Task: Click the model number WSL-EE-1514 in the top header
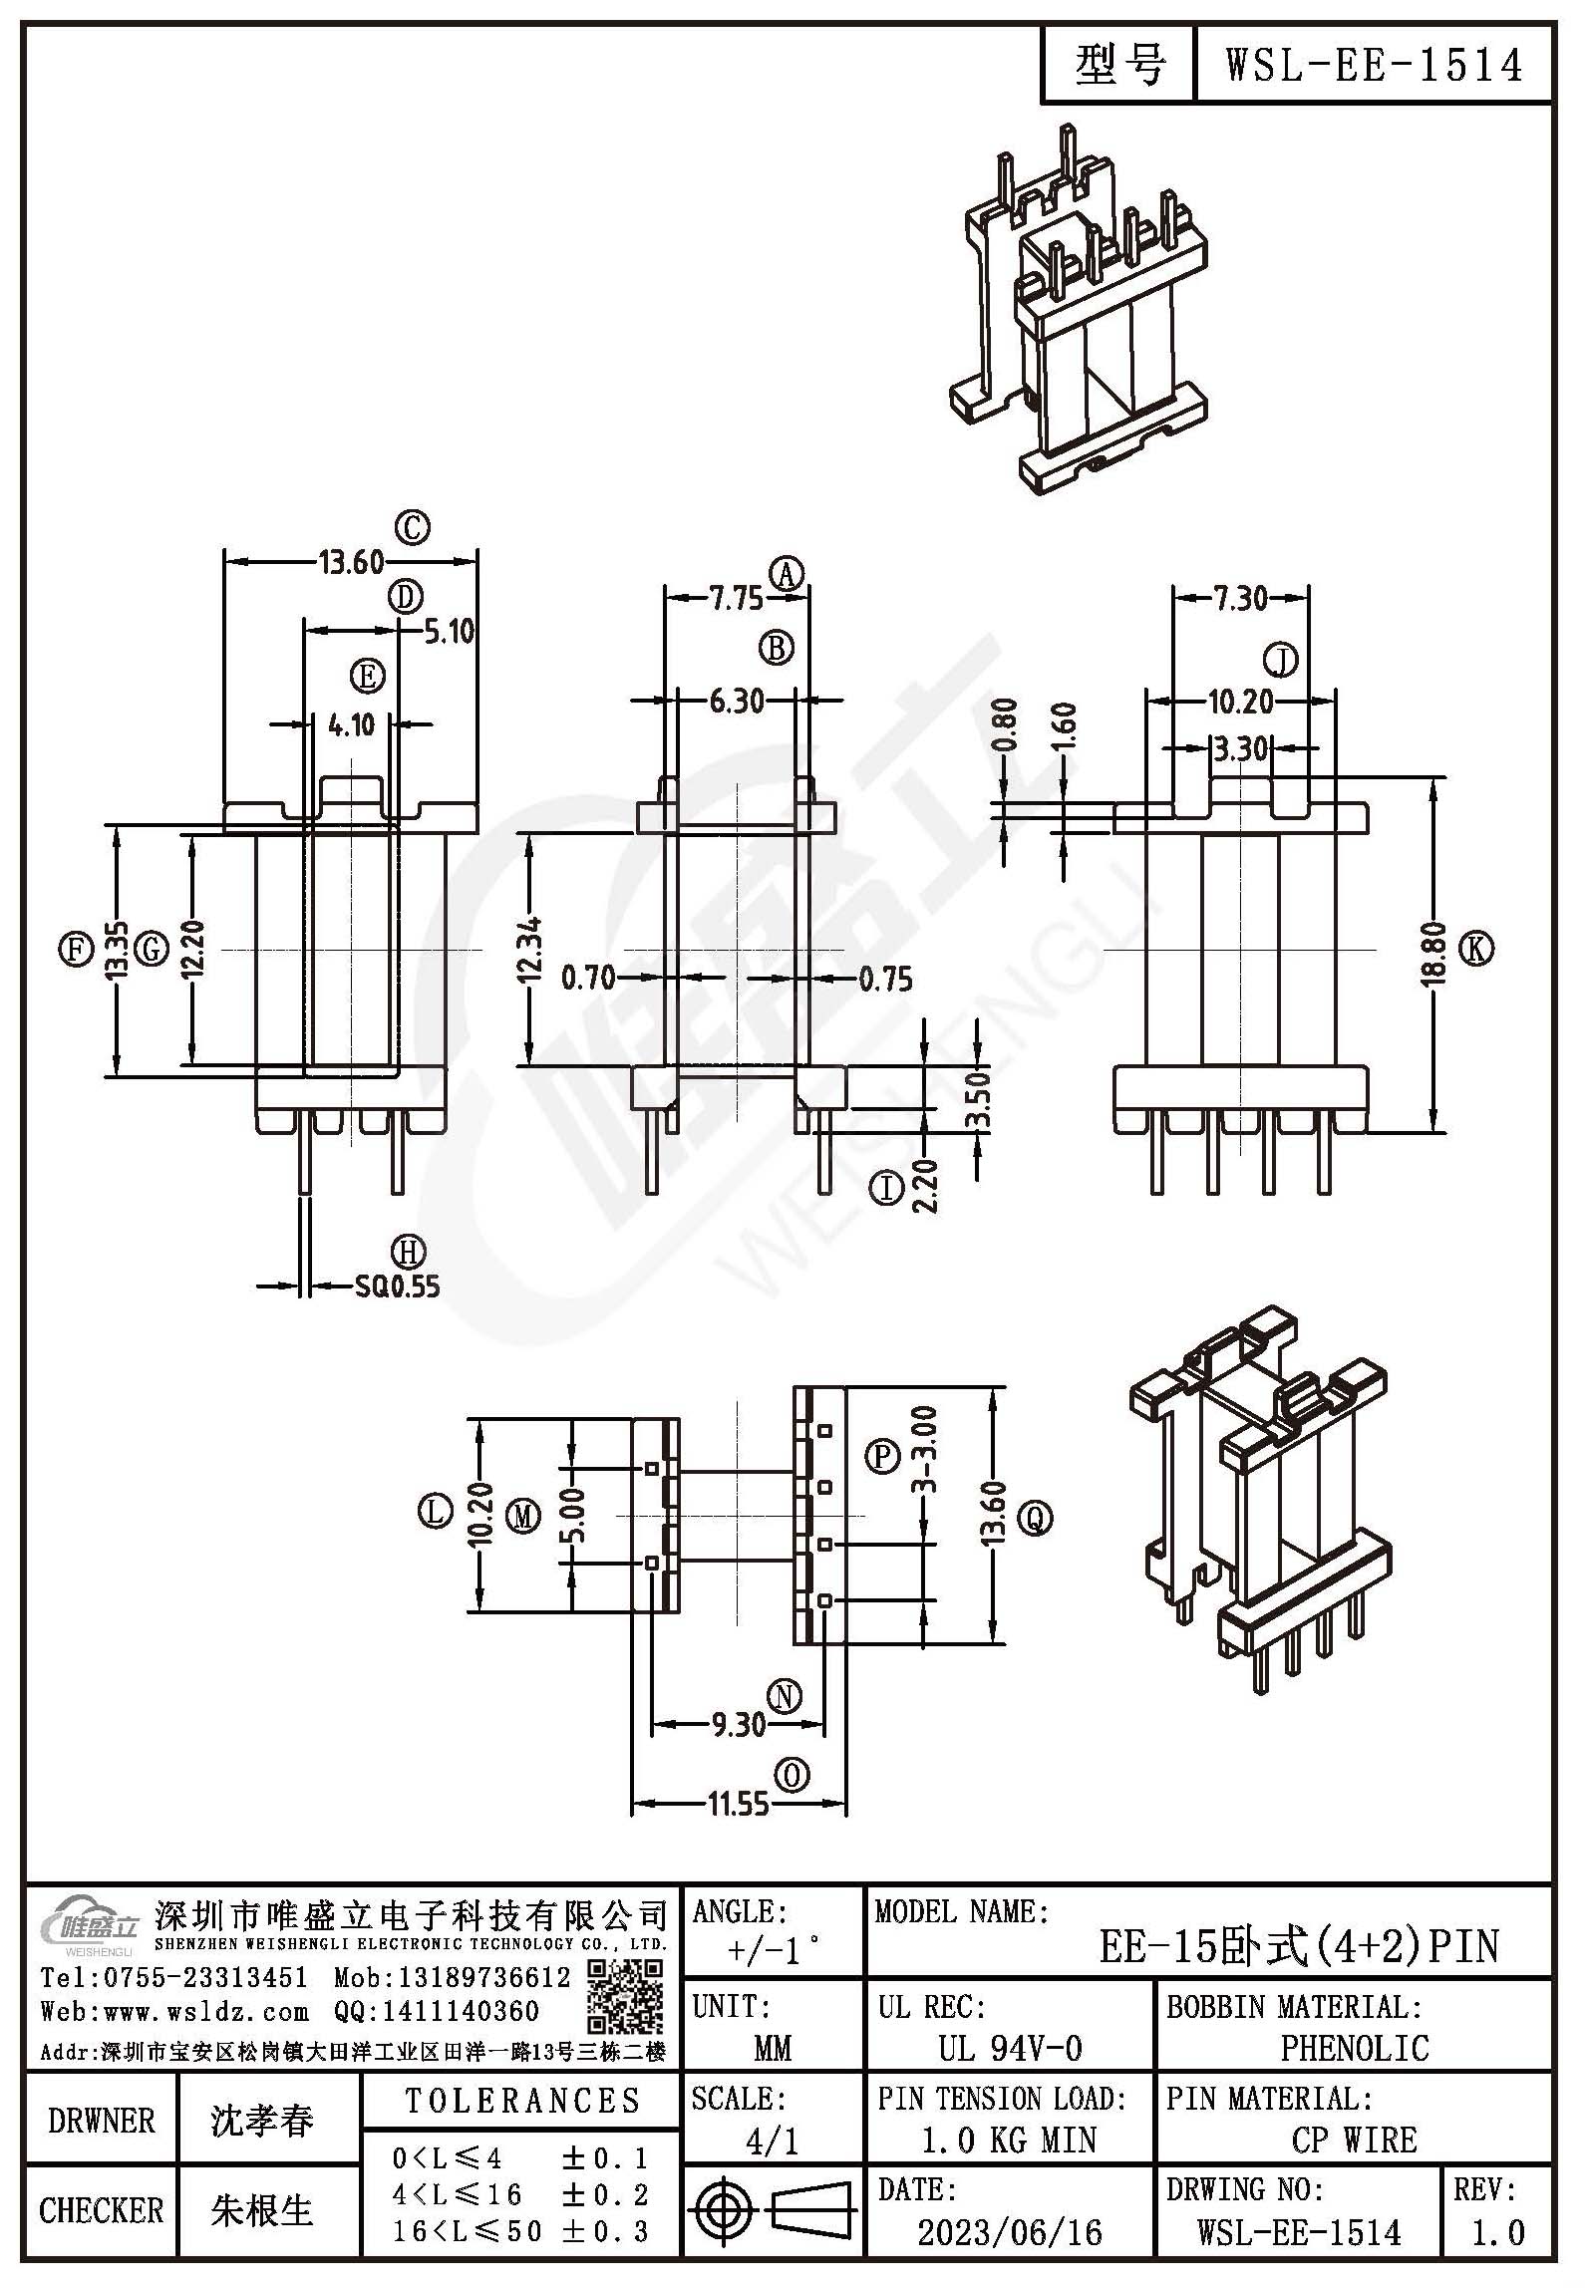(x=1373, y=66)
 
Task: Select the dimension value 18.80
(x=1432, y=955)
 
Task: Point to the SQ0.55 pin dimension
(x=398, y=1286)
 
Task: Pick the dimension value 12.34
(x=530, y=950)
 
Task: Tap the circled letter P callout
(x=882, y=1457)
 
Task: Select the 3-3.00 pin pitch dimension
(x=925, y=1450)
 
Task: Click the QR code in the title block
(x=624, y=1997)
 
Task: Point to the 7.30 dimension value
(x=1240, y=598)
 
